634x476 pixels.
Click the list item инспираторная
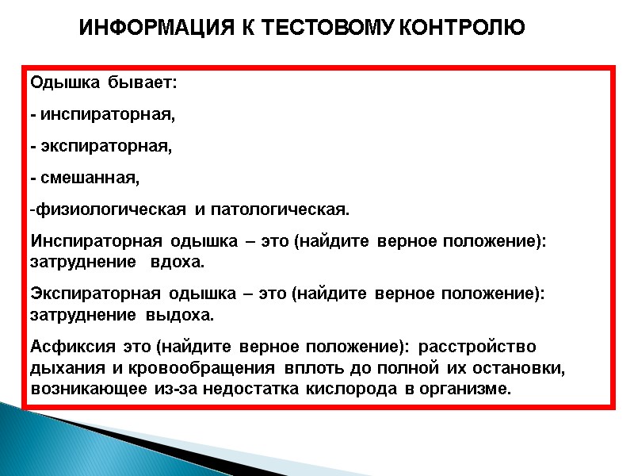[106, 114]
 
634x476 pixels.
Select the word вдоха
[178, 261]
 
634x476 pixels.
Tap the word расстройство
[477, 347]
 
